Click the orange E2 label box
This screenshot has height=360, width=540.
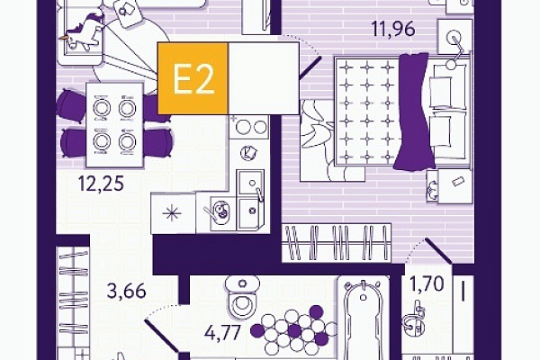tap(193, 78)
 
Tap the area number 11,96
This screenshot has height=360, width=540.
tap(393, 29)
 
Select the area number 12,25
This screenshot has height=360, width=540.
tap(101, 184)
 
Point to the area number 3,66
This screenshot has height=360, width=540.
tap(126, 291)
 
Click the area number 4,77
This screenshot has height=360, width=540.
tap(222, 333)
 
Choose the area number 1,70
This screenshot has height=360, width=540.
tap(427, 284)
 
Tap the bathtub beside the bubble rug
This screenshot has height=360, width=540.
tap(364, 319)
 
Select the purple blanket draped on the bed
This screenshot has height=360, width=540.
tap(413, 111)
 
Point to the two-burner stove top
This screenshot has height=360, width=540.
tap(249, 127)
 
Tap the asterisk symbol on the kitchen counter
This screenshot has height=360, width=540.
tap(172, 214)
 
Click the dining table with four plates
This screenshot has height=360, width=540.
tap(114, 125)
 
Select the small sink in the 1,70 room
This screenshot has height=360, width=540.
tap(413, 319)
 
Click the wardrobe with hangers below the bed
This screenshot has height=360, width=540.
tap(337, 243)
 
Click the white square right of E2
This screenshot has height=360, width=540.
tap(264, 78)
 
